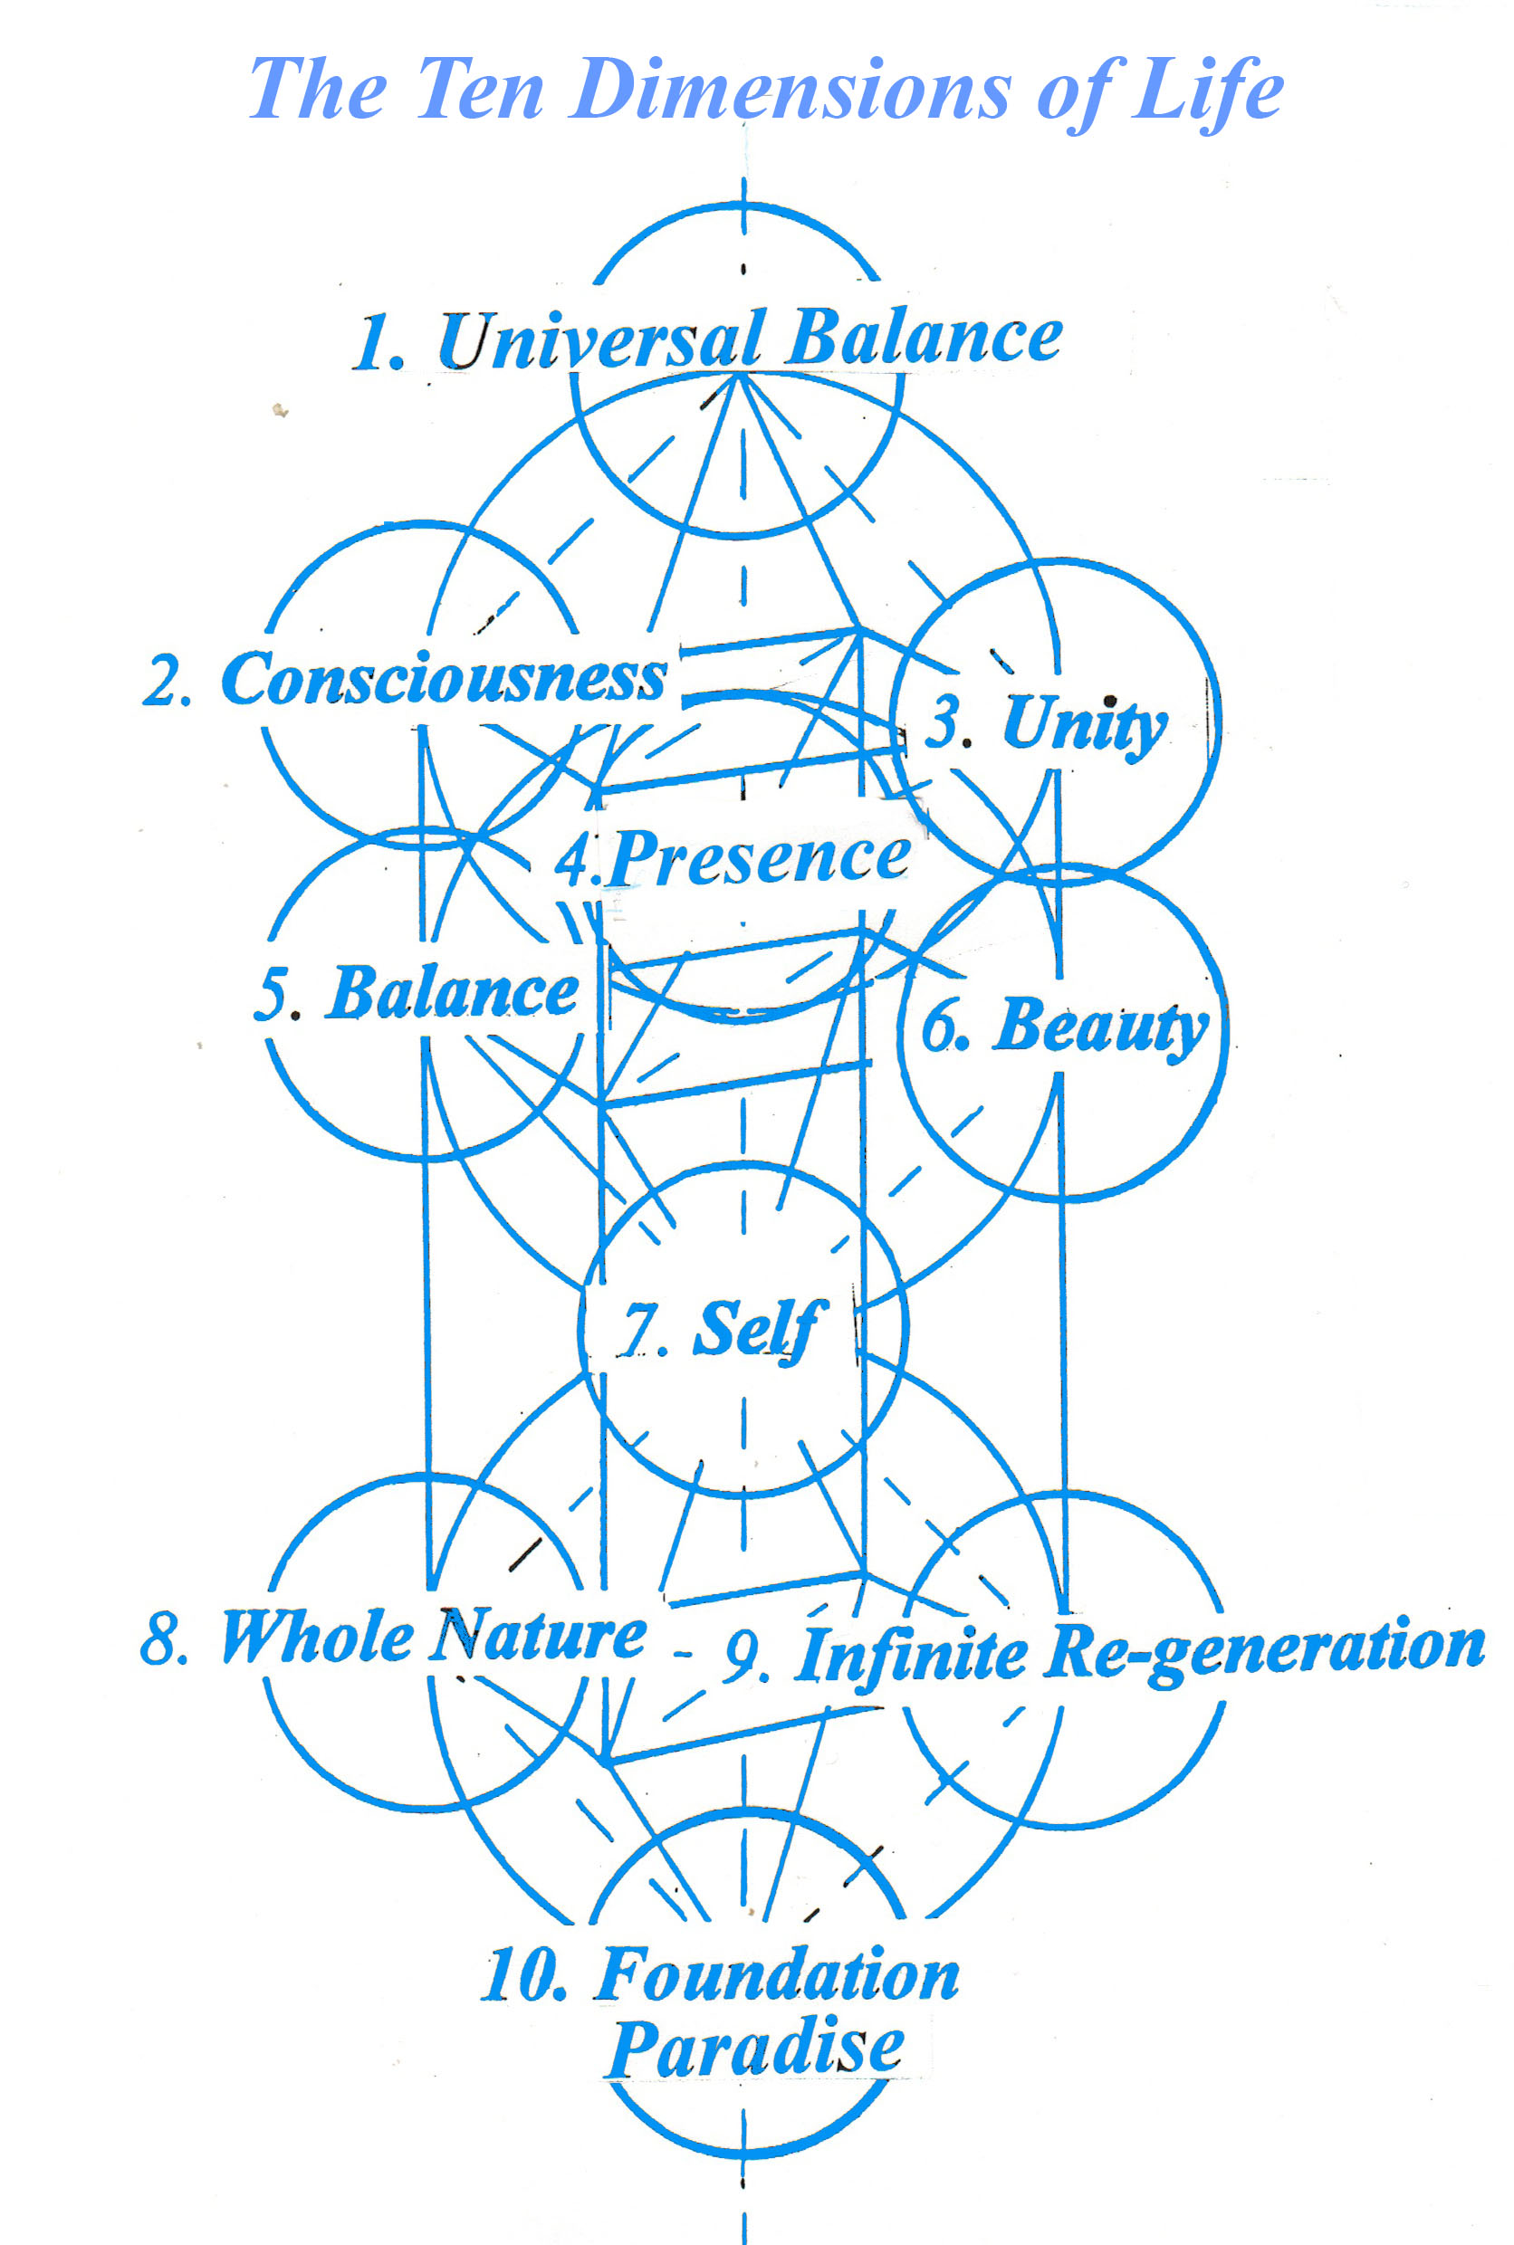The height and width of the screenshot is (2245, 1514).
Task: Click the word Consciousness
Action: (x=445, y=679)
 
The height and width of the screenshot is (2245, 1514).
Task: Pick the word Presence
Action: (x=760, y=857)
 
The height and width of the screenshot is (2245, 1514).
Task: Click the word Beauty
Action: (x=1100, y=1026)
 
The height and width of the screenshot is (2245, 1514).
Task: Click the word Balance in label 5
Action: (x=451, y=993)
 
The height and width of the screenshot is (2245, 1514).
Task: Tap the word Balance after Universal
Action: (x=923, y=338)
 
